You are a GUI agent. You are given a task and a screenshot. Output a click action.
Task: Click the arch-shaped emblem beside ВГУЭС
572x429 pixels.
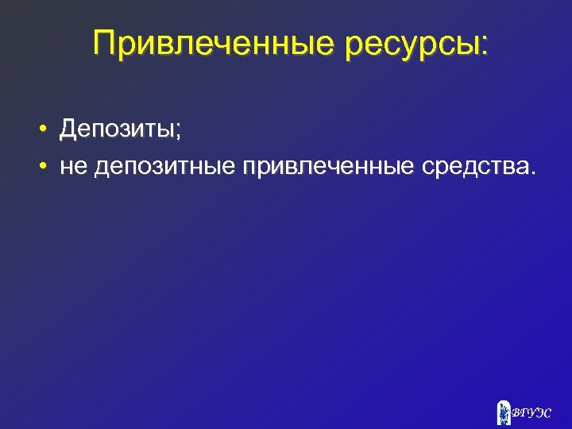pyautogui.click(x=503, y=412)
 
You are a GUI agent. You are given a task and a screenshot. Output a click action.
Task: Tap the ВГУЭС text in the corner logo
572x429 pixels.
pyautogui.click(x=531, y=413)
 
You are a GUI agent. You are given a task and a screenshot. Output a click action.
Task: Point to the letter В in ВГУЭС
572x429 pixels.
pyautogui.click(x=516, y=413)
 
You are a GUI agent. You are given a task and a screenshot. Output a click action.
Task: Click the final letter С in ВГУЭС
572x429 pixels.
pyautogui.click(x=546, y=413)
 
